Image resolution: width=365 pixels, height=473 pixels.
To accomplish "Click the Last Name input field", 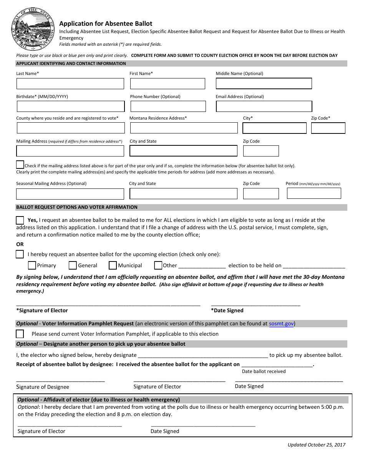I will coord(70,84).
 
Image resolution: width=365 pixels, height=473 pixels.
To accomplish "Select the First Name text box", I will coord(167,84).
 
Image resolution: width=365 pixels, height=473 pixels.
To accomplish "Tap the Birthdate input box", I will coord(70,107).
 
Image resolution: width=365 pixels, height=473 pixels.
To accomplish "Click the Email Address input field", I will coord(264,107).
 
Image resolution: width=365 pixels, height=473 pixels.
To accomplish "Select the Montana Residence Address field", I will coord(183,128).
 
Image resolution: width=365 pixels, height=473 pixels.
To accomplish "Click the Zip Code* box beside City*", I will coord(328,128).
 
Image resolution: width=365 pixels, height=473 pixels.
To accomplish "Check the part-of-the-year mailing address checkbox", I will coord(20,165).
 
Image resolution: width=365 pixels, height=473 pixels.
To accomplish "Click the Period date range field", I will coord(314,193).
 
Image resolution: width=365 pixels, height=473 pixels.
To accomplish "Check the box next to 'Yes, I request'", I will coord(20,220).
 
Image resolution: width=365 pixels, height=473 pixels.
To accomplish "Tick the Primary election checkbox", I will coord(32,265).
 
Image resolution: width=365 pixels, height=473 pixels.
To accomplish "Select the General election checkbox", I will coord(73,265).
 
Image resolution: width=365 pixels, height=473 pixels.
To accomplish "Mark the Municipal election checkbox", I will coord(113,265).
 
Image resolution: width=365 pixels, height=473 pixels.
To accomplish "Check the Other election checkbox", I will coord(158,265).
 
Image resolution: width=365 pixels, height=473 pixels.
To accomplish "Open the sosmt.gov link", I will coord(281,324).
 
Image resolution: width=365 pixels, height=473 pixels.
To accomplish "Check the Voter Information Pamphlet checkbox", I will coord(20,334).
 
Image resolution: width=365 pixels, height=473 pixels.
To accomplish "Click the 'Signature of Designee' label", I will coord(43,387).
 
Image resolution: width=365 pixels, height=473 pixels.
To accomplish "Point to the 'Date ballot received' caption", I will coord(264,371).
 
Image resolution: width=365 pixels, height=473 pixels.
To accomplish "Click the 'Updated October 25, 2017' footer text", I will coord(316,445).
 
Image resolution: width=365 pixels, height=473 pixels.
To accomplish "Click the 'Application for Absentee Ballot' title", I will coord(106,23).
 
